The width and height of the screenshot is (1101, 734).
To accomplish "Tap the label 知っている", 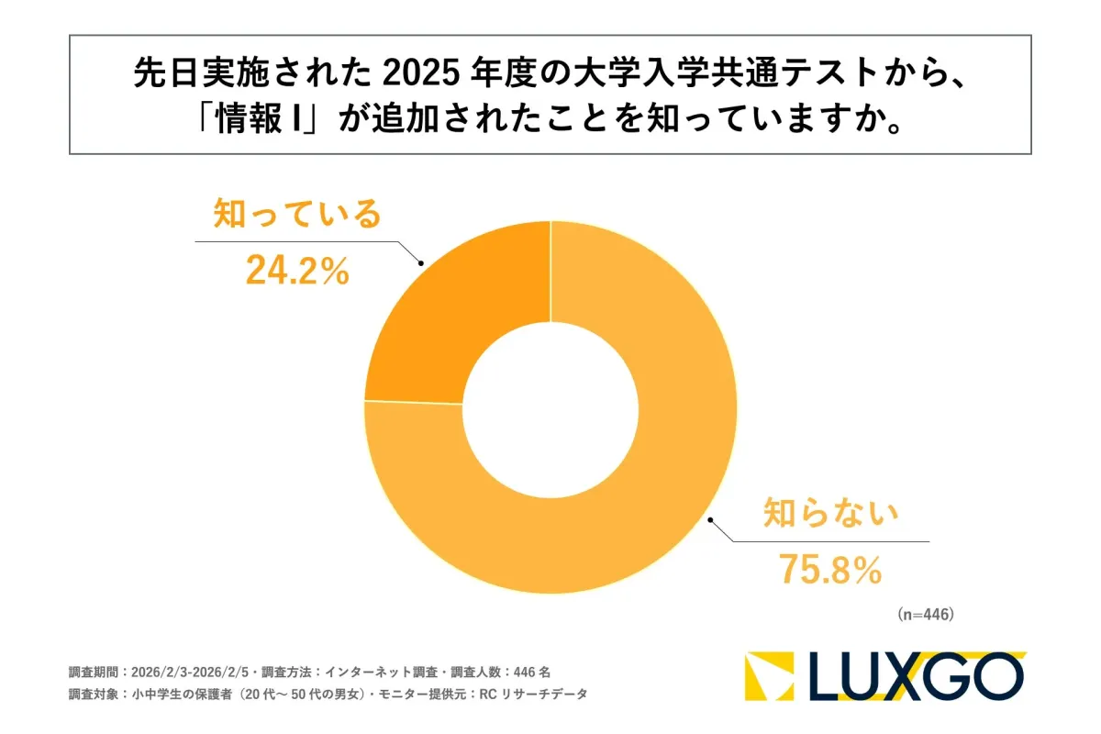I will pos(296,215).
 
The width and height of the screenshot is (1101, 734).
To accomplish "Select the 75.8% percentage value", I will pos(830,570).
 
